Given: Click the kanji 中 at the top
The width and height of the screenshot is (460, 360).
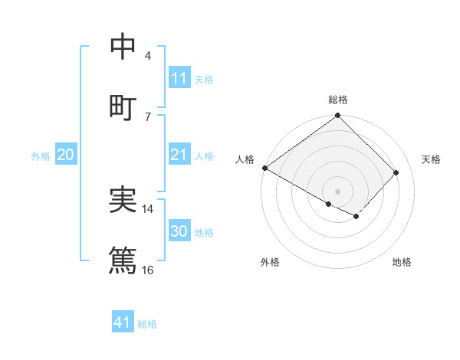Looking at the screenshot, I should click(123, 47).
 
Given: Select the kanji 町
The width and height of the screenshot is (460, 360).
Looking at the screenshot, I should click(123, 107).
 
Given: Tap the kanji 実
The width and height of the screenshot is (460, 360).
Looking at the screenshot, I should click(123, 201).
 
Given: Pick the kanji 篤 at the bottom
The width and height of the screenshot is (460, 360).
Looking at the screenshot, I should click(123, 260).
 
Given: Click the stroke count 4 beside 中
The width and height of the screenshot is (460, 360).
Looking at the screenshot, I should click(147, 56).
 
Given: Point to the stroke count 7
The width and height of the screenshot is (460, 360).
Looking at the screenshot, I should click(147, 116).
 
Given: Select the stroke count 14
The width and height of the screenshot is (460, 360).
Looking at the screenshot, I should click(148, 209).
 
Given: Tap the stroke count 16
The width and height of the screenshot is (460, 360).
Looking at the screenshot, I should click(148, 270).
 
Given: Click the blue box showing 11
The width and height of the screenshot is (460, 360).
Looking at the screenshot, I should click(179, 78).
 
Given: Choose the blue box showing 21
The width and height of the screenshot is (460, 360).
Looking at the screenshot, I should click(179, 155).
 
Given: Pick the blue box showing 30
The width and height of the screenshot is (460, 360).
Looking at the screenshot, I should click(179, 231).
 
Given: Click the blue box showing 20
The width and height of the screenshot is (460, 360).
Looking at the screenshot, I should click(66, 155).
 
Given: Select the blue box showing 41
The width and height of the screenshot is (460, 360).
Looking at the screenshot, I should click(123, 322).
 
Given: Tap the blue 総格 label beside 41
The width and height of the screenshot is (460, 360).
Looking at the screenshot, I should click(147, 324).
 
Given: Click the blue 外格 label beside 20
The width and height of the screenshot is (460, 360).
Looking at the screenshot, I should click(41, 155).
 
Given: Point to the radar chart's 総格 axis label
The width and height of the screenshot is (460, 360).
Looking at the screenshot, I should click(338, 100).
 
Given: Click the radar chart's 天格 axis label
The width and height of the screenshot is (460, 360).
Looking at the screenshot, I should click(431, 159).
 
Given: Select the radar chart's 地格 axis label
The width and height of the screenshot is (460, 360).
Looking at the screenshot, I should click(402, 262).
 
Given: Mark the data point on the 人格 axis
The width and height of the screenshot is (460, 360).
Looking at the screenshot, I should click(264, 168).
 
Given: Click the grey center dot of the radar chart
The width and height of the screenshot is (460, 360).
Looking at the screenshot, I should click(338, 191).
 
